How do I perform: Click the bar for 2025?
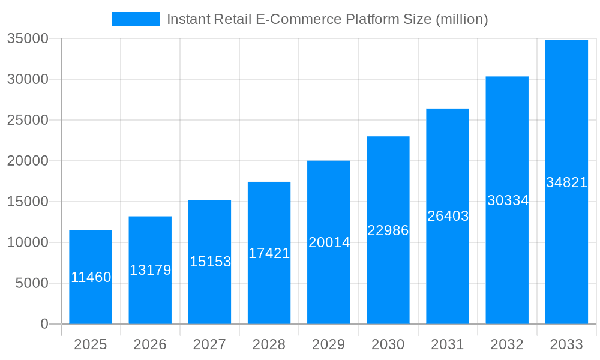coord(91,277)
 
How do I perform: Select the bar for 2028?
coord(269,253)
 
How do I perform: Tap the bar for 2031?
coord(448,216)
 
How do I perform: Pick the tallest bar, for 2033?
coord(566,182)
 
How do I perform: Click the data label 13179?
coord(150,270)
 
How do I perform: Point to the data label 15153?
coord(210,262)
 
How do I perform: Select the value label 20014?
coord(329,242)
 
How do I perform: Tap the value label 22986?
coord(388,230)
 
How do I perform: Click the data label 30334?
coord(508,200)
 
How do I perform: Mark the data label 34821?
coord(566,182)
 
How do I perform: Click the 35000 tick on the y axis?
coord(27,39)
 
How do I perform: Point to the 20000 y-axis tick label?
coord(27,161)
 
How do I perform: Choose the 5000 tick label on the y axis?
coord(31,283)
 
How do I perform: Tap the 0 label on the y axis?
coord(44,324)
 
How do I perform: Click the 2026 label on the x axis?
coord(150,344)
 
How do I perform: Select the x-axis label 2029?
coord(329,344)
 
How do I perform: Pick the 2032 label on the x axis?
coord(507,344)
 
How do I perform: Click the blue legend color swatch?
coord(136,19)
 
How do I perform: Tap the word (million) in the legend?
coord(461,19)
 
